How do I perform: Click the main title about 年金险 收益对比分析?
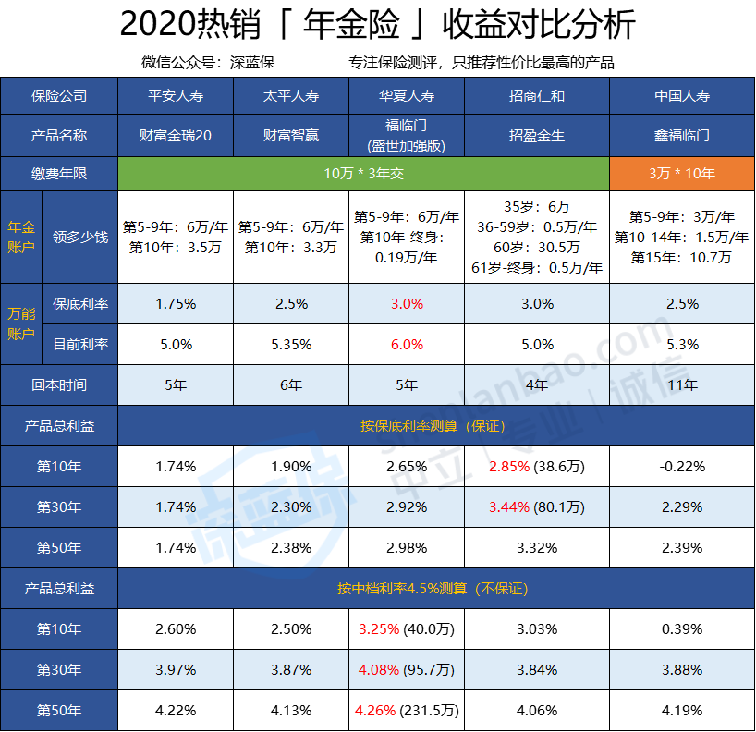[x=377, y=25]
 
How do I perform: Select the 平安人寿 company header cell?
[x=176, y=95]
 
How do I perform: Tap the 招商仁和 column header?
[x=536, y=95]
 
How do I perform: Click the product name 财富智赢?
[x=291, y=135]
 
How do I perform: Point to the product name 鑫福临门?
[x=681, y=135]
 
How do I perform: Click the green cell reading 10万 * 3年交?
[x=363, y=173]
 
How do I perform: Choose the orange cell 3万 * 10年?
[x=681, y=173]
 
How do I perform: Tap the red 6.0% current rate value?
[x=407, y=345]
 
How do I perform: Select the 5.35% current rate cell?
[x=291, y=345]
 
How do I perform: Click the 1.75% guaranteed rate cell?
[x=176, y=303]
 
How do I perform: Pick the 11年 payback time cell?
[x=681, y=384]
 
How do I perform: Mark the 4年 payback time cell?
[x=536, y=384]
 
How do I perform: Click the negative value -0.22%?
[x=681, y=467]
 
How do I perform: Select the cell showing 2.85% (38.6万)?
[x=536, y=467]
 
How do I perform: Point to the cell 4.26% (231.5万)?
[x=407, y=711]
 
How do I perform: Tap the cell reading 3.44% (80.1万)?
[x=536, y=506]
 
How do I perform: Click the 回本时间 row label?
[x=59, y=384]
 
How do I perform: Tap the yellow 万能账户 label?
[x=20, y=323]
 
